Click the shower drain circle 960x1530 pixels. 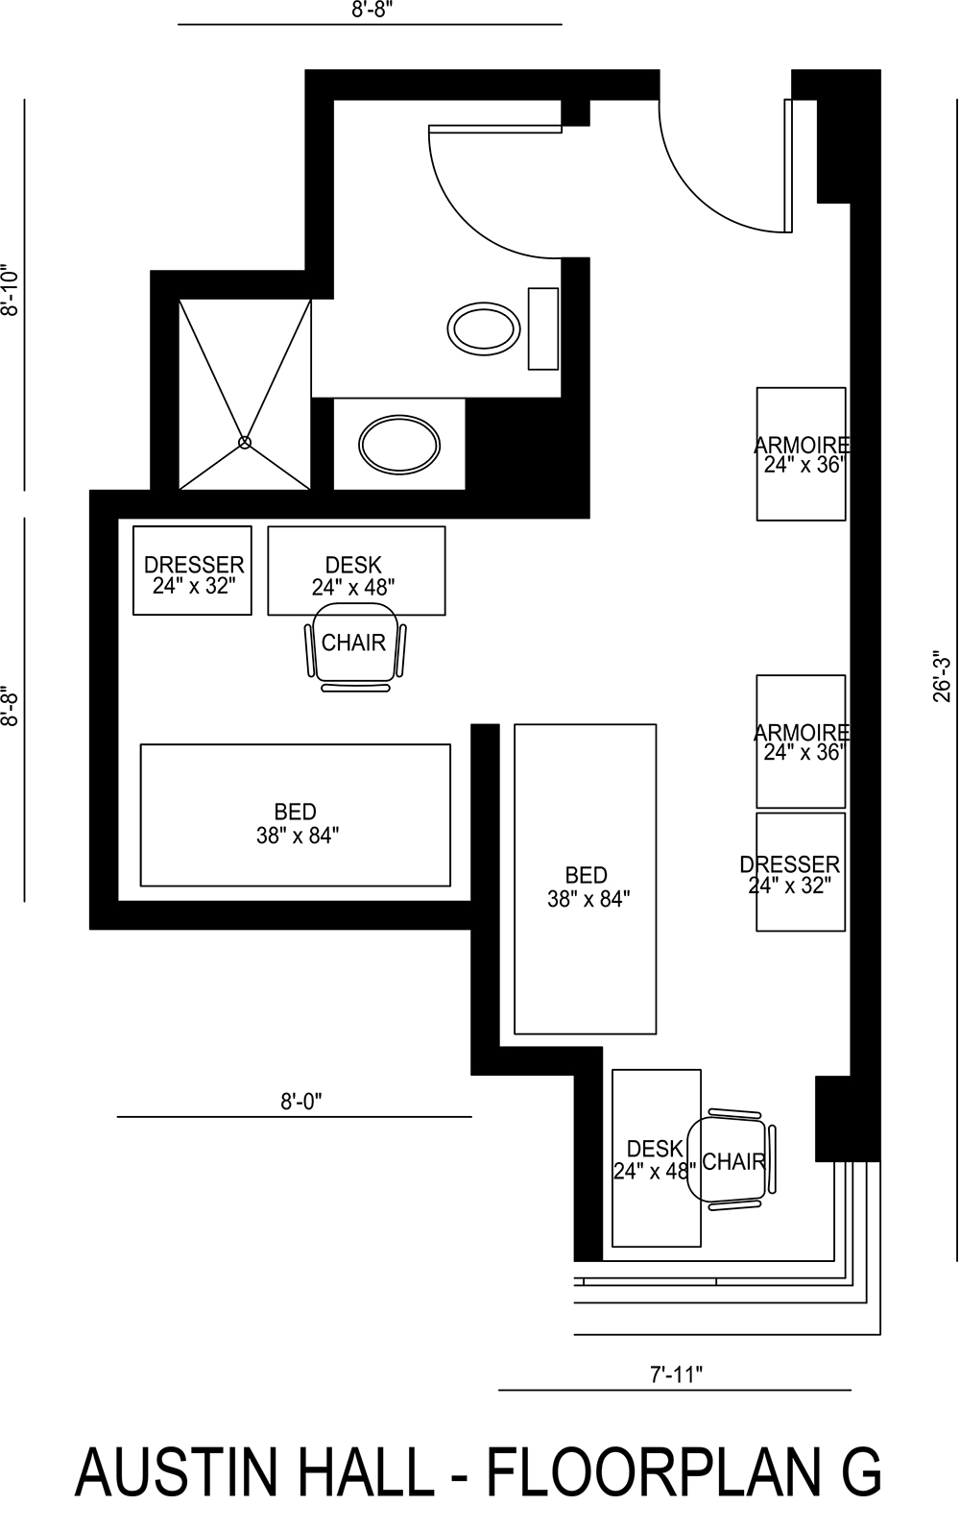click(244, 442)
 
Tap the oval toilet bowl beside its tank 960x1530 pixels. click(485, 328)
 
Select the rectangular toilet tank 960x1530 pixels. click(543, 328)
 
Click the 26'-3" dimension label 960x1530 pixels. click(942, 677)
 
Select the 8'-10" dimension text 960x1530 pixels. click(10, 290)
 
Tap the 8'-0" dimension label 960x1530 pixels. click(300, 1102)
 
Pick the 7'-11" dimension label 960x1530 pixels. click(676, 1374)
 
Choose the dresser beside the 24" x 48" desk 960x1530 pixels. click(192, 571)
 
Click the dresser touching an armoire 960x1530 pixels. click(801, 872)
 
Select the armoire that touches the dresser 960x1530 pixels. click(801, 741)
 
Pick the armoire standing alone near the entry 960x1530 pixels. click(801, 454)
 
